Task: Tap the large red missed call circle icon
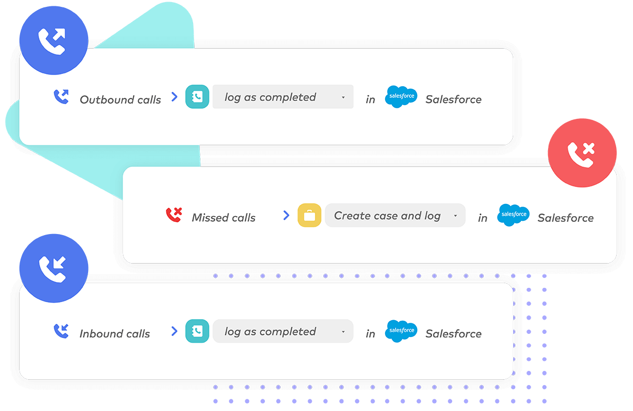582,153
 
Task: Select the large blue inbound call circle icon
53,269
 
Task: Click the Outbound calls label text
120,99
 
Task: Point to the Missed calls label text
224,218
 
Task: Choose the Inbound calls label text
114,334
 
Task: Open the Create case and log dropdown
395,216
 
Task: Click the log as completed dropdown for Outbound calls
283,97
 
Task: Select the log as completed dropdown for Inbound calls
283,332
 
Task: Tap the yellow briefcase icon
309,216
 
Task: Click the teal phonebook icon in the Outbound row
197,97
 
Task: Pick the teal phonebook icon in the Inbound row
197,331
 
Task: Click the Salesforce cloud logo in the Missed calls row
513,215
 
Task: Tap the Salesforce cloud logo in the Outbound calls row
401,97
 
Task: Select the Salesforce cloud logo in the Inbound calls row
401,331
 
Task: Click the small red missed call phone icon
174,214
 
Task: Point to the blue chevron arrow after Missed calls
286,215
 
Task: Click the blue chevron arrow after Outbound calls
175,97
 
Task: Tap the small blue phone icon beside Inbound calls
61,331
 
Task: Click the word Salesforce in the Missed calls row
565,218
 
